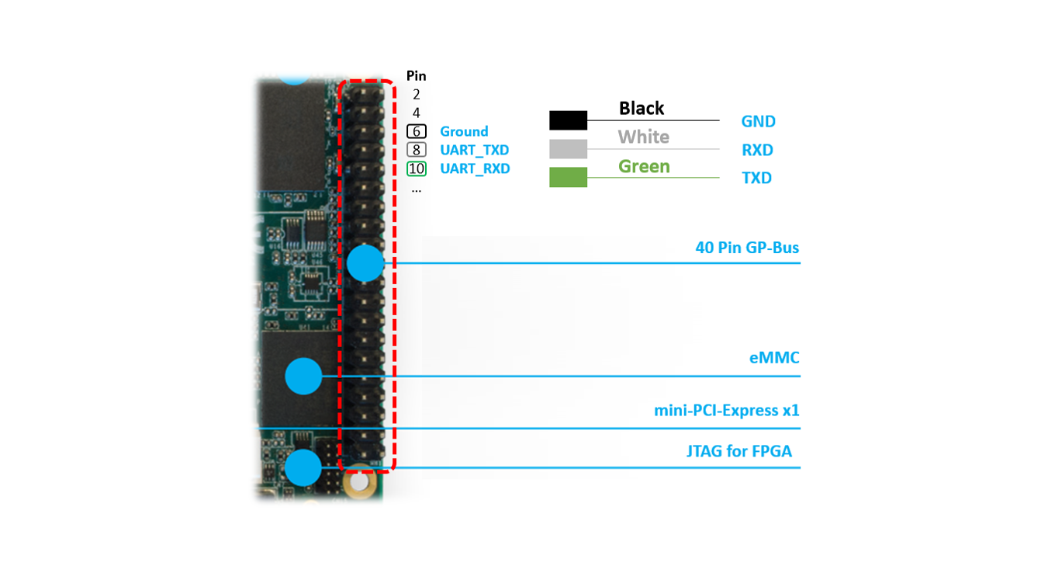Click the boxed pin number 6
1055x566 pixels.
point(417,131)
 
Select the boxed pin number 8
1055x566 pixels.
point(417,150)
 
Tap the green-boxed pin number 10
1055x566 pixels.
point(417,168)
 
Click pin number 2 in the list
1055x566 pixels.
point(417,95)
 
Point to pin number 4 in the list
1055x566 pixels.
point(417,113)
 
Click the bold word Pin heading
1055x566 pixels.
point(417,76)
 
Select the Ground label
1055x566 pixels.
point(464,131)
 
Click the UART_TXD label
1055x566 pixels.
point(474,150)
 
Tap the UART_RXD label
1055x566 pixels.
point(475,168)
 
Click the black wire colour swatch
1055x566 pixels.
point(568,120)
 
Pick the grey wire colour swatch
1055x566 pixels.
point(568,149)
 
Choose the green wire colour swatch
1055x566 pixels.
point(568,177)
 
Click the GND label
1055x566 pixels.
point(759,122)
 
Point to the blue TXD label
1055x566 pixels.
point(757,178)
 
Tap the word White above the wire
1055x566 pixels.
point(643,137)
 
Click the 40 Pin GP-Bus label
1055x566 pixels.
point(748,248)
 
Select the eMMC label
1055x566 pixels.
point(774,358)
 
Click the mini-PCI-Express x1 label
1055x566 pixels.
point(727,411)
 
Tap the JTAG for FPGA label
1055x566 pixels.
point(739,451)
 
